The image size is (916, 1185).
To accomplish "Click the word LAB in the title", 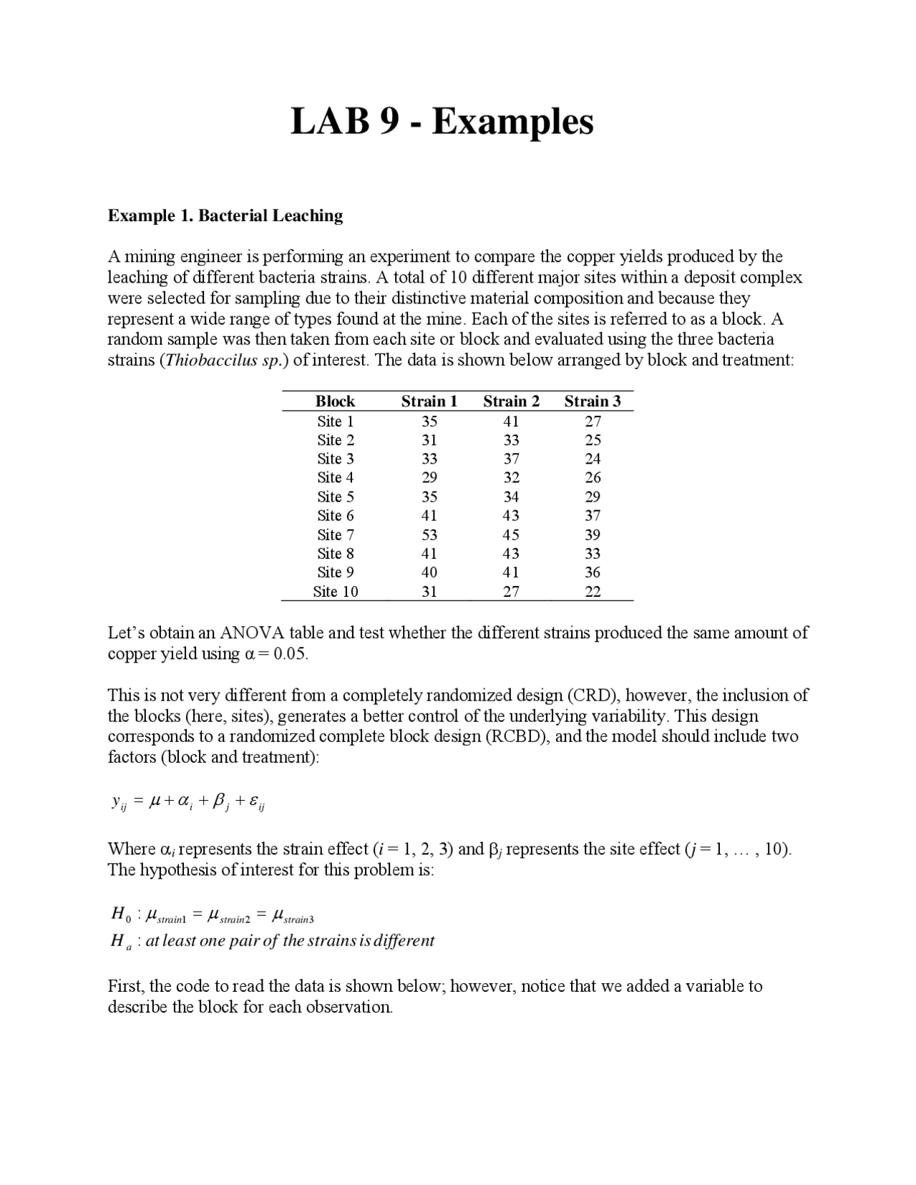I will point(333,121).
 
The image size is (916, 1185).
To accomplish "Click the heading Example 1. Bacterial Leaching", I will point(225,215).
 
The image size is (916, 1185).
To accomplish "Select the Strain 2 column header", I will point(511,401).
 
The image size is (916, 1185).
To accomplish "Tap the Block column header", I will point(335,401).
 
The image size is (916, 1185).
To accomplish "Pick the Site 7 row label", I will point(335,535).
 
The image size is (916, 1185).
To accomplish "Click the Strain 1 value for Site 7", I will point(429,535).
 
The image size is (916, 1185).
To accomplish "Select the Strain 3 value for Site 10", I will point(593,591).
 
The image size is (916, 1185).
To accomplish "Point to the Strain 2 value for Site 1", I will point(511,421).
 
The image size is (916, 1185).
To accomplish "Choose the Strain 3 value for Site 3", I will point(593,459).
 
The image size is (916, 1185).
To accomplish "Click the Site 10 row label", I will point(335,591).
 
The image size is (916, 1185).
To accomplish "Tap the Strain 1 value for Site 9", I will point(429,572).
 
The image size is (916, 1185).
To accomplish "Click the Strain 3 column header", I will point(593,401).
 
